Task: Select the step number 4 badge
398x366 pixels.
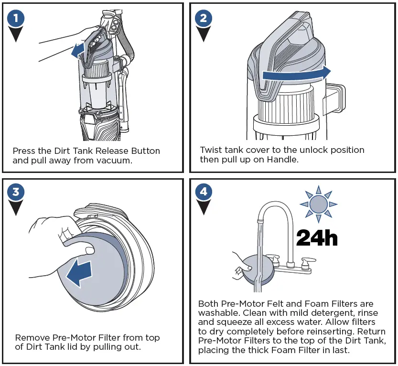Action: pyautogui.click(x=204, y=192)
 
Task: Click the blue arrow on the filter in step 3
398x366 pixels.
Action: pyautogui.click(x=79, y=272)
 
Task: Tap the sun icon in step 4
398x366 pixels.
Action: pyautogui.click(x=318, y=204)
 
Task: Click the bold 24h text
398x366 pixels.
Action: pyautogui.click(x=317, y=237)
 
